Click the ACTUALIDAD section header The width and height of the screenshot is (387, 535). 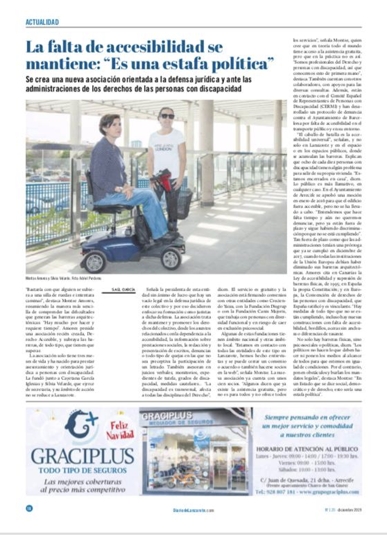click(x=42, y=22)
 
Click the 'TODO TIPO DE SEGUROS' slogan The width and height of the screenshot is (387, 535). click(x=83, y=470)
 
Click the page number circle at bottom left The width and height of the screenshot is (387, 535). click(x=29, y=508)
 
